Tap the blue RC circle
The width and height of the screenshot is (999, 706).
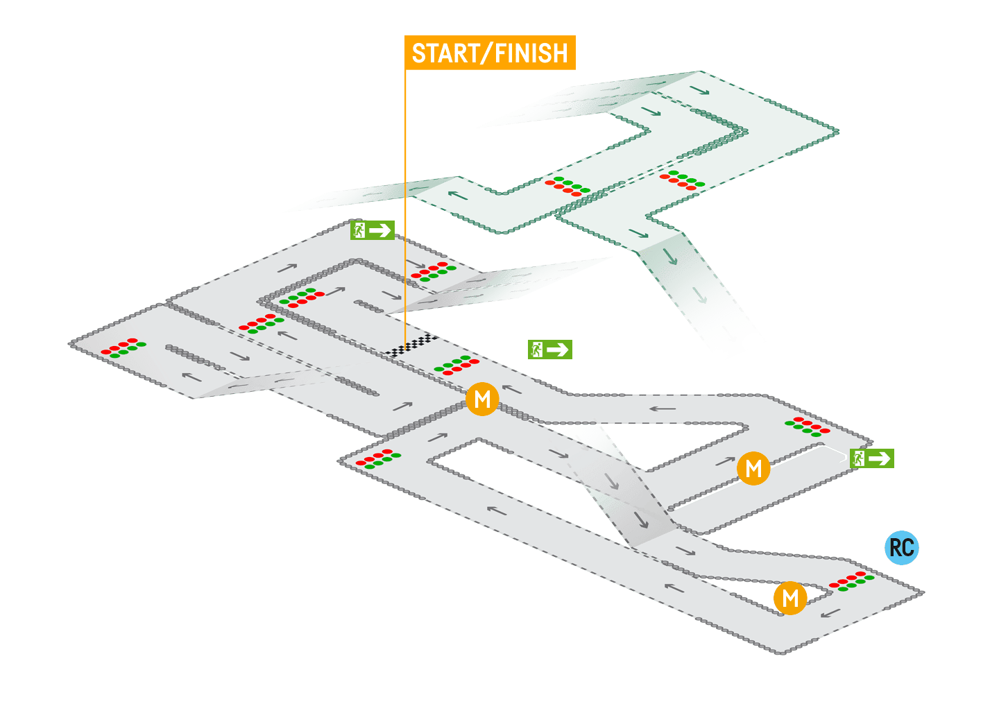coord(902,547)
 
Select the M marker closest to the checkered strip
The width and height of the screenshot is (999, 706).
coord(482,399)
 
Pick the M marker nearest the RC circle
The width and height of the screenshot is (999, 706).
coord(790,598)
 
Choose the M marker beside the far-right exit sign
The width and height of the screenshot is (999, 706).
coord(753,469)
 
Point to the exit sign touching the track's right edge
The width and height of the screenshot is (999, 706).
coord(872,458)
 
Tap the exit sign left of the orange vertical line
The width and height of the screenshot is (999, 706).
coord(373,230)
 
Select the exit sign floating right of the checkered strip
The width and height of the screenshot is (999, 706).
coord(549,350)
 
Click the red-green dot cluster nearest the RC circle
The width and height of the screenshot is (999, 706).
coord(851,581)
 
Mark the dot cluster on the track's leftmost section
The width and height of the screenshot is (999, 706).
coord(123,348)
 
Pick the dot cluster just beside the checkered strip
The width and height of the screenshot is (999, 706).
coord(456,365)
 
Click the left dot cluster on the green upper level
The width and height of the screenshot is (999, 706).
coord(567,186)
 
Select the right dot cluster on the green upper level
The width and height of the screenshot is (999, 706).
coord(682,180)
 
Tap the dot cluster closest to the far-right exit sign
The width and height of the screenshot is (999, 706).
coord(807,426)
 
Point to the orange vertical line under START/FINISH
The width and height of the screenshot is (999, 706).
coord(405,208)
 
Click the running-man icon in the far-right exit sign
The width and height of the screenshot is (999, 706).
coord(859,458)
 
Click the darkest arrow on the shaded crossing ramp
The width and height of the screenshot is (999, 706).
coord(640,519)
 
